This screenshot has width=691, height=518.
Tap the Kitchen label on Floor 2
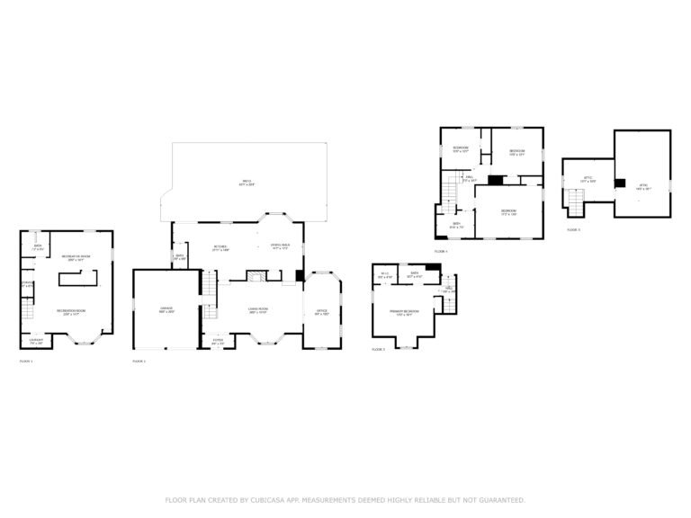pyautogui.click(x=220, y=248)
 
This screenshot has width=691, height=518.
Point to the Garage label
pyautogui.click(x=166, y=310)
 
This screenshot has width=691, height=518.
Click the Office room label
pyautogui.click(x=322, y=312)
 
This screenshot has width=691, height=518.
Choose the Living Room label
pyautogui.click(x=260, y=310)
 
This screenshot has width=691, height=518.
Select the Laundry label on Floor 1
pyautogui.click(x=36, y=343)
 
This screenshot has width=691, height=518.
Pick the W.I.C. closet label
pyautogui.click(x=384, y=275)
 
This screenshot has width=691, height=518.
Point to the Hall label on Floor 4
pyautogui.click(x=470, y=179)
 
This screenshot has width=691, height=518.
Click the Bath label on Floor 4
pyautogui.click(x=457, y=225)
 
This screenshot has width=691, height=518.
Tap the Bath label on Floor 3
pyautogui.click(x=415, y=273)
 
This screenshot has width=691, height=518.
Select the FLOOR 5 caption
pyautogui.click(x=574, y=230)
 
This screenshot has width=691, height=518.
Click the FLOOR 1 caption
pyautogui.click(x=26, y=361)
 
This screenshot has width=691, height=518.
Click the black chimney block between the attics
pyautogui.click(x=619, y=183)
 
